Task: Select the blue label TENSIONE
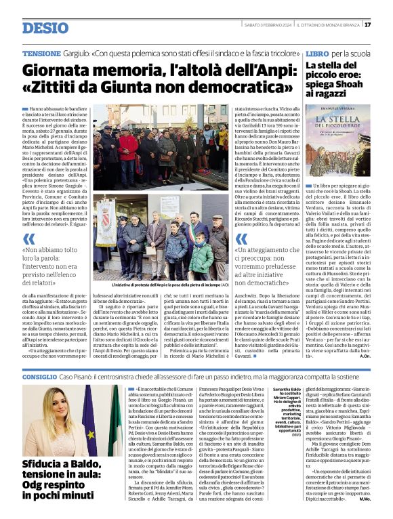click(41, 52)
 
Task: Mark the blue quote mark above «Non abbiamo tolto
click(28, 238)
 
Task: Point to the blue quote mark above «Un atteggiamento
click(241, 238)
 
